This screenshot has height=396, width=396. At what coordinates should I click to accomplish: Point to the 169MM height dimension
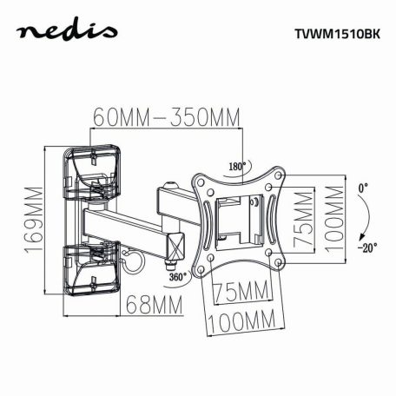(32, 220)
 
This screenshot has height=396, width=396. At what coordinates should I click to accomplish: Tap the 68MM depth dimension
(152, 305)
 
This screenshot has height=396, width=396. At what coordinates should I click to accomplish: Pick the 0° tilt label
(362, 188)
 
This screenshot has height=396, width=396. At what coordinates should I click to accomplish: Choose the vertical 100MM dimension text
(333, 218)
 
